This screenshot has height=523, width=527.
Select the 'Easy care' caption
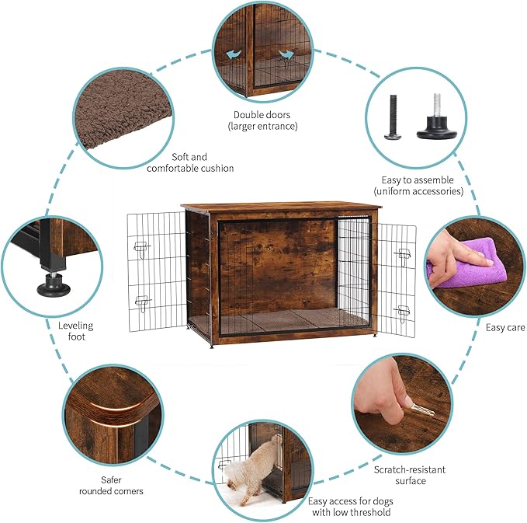click(x=505, y=328)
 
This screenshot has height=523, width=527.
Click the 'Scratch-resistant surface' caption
click(x=410, y=475)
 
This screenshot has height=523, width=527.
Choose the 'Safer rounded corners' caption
click(x=111, y=486)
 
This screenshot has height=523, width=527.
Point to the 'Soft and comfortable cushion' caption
click(x=190, y=162)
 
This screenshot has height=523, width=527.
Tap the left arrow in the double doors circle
click(x=231, y=55)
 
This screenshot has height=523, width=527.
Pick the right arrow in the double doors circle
click(x=286, y=54)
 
